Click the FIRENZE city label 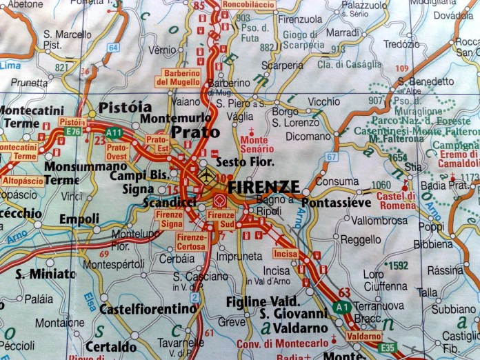tap(263, 187)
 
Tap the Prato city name tap(195, 132)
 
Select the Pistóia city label tap(125, 108)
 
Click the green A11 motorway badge tap(114, 132)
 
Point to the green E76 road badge tap(74, 131)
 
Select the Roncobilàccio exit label tap(248, 5)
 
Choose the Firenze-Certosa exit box tap(192, 240)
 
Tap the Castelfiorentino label tap(148, 308)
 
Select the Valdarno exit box tap(363, 336)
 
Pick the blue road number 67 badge tap(332, 157)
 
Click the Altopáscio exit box tap(23, 181)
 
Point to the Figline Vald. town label tap(263, 301)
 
